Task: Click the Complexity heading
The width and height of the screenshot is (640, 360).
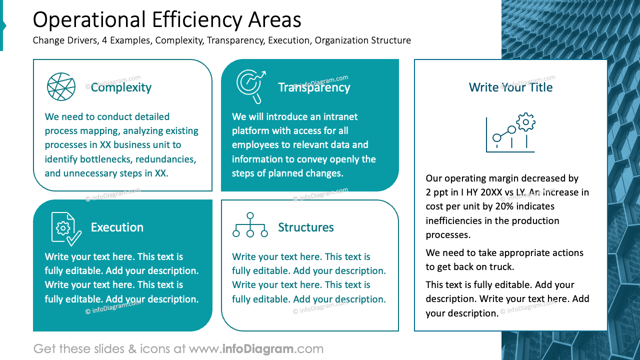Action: click(x=121, y=87)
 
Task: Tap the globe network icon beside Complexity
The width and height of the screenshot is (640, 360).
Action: click(x=61, y=86)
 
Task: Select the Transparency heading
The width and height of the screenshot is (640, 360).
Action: click(x=314, y=87)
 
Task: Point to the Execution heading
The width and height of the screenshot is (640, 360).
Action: click(x=117, y=227)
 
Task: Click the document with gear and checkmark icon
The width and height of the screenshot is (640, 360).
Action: click(x=66, y=229)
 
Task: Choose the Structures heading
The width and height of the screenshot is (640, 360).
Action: click(x=305, y=227)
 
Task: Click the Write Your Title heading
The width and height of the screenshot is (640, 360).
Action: click(x=510, y=87)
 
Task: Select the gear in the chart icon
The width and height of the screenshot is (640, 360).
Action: click(x=525, y=122)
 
